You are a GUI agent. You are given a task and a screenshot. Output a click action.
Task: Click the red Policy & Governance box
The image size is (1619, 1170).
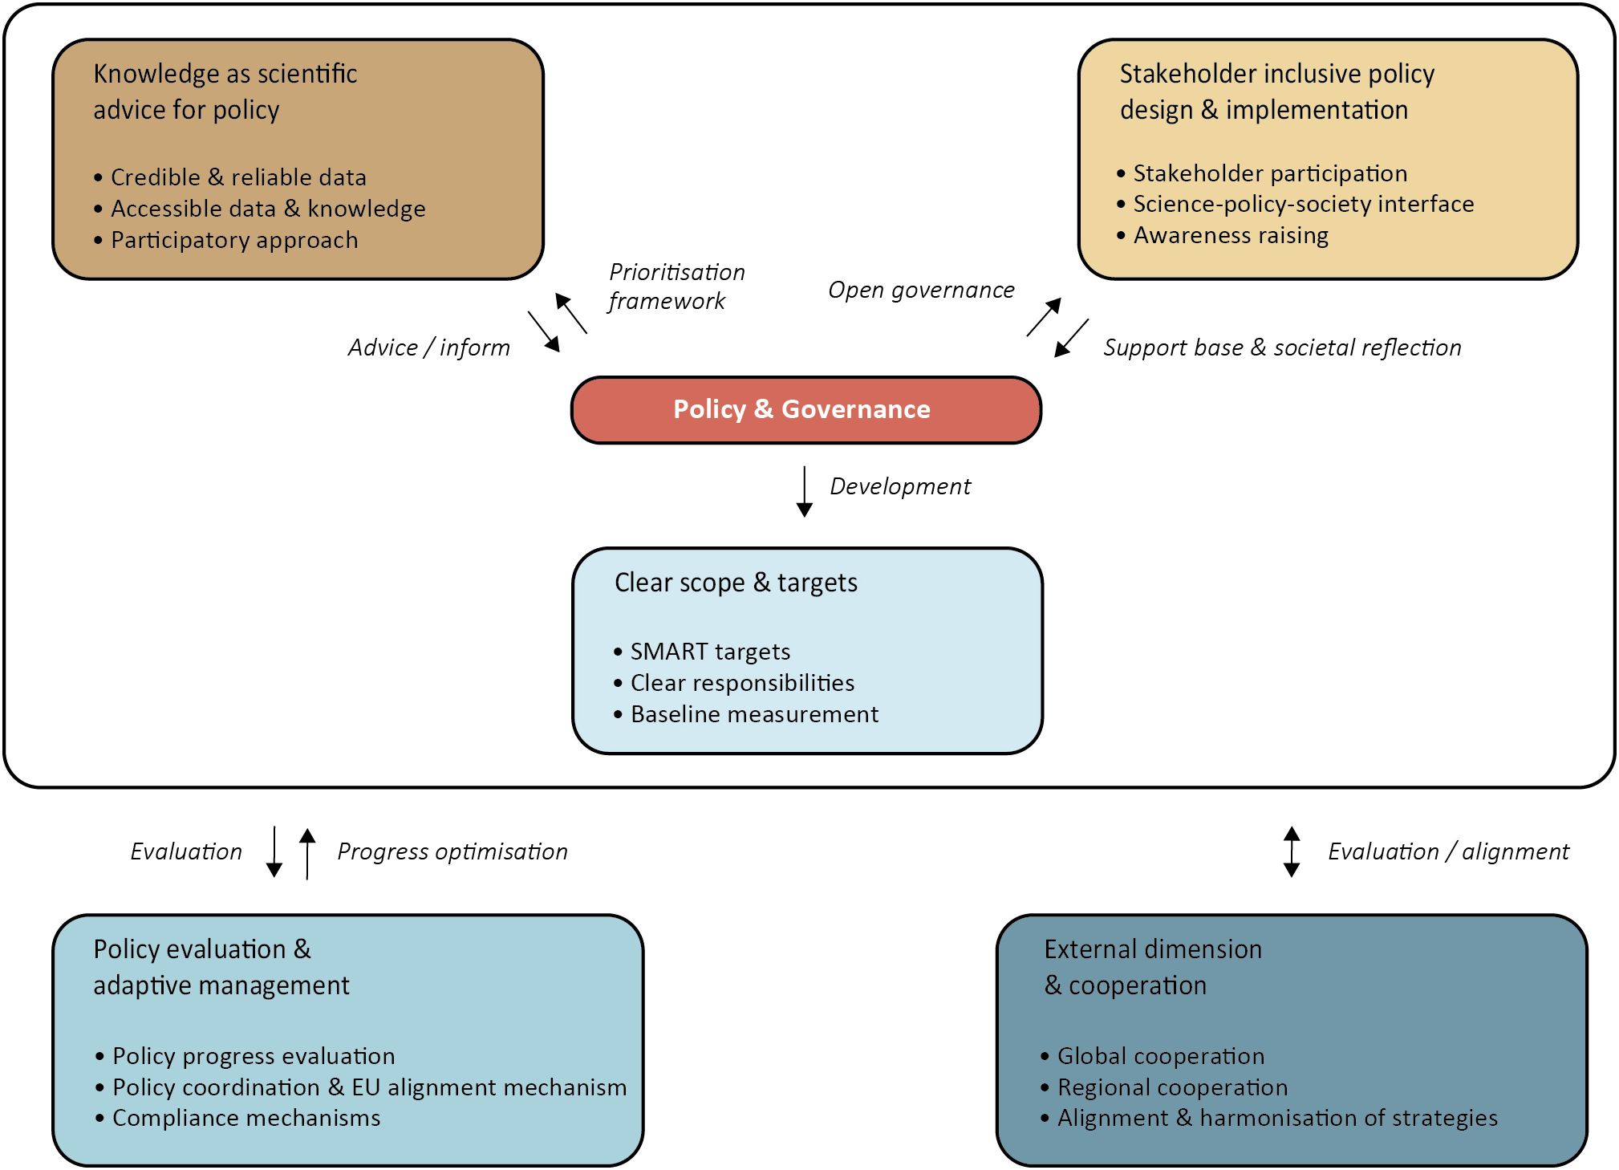coord(805,410)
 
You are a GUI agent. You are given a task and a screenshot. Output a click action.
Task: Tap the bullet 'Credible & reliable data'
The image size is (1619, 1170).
coord(237,177)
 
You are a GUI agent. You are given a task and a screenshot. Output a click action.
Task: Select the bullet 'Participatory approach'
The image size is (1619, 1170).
coord(233,240)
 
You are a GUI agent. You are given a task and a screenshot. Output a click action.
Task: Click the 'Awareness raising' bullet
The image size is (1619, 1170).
coord(1230,236)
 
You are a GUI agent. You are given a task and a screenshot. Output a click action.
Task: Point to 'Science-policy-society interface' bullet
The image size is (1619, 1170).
coord(1302,205)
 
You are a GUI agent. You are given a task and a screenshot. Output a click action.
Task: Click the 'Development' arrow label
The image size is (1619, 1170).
coord(899,486)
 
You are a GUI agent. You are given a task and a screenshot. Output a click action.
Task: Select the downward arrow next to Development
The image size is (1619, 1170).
coord(804,491)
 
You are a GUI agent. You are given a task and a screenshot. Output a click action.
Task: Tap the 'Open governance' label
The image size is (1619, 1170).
coord(920,290)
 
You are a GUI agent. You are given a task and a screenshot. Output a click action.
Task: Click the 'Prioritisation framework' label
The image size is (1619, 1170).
coord(676,286)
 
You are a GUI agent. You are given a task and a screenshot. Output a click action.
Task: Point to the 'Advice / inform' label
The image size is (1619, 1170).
coord(428,347)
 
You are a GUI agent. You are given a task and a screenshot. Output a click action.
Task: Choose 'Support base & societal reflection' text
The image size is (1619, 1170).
coord(1281,347)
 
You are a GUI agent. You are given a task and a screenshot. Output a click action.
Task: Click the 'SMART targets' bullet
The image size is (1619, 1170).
coord(709,652)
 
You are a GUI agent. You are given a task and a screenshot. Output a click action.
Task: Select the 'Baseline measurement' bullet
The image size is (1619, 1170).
coord(753,714)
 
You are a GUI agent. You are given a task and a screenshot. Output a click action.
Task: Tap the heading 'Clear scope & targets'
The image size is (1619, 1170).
coord(735,583)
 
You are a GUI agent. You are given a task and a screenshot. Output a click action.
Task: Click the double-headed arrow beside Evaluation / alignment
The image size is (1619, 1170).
coord(1291,851)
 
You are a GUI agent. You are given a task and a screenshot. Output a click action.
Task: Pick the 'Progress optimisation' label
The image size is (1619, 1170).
coord(452,851)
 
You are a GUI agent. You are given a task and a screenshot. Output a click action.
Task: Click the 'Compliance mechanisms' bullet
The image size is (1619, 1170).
coord(245,1118)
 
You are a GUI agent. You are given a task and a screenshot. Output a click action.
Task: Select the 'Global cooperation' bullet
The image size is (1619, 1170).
coord(1160,1056)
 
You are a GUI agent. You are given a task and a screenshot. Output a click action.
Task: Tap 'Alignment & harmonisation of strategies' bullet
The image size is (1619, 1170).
coord(1276,1118)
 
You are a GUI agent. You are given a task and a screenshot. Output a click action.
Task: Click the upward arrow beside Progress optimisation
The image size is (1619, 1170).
coord(306,853)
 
